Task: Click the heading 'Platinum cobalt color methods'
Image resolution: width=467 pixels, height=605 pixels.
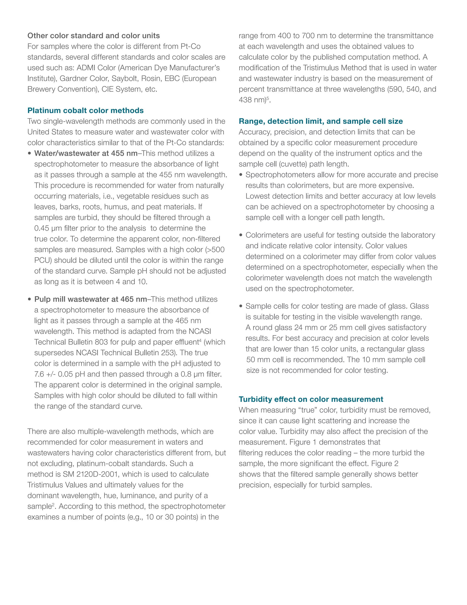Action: point(85,110)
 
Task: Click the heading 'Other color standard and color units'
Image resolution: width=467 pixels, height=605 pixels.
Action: point(93,36)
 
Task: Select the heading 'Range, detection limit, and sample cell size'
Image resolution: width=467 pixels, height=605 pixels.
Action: point(320,121)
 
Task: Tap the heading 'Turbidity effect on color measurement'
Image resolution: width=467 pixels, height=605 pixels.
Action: point(311,399)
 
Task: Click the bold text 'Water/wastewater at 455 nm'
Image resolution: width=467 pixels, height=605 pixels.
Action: point(86,153)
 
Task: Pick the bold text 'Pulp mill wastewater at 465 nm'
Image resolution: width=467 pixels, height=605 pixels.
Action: point(91,299)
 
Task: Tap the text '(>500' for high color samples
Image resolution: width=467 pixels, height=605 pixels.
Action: point(215,250)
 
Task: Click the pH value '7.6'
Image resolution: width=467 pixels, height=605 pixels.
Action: point(39,374)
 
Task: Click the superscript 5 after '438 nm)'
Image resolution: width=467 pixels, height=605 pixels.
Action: point(267,98)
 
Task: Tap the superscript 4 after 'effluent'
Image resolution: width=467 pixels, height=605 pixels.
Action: point(200,340)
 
